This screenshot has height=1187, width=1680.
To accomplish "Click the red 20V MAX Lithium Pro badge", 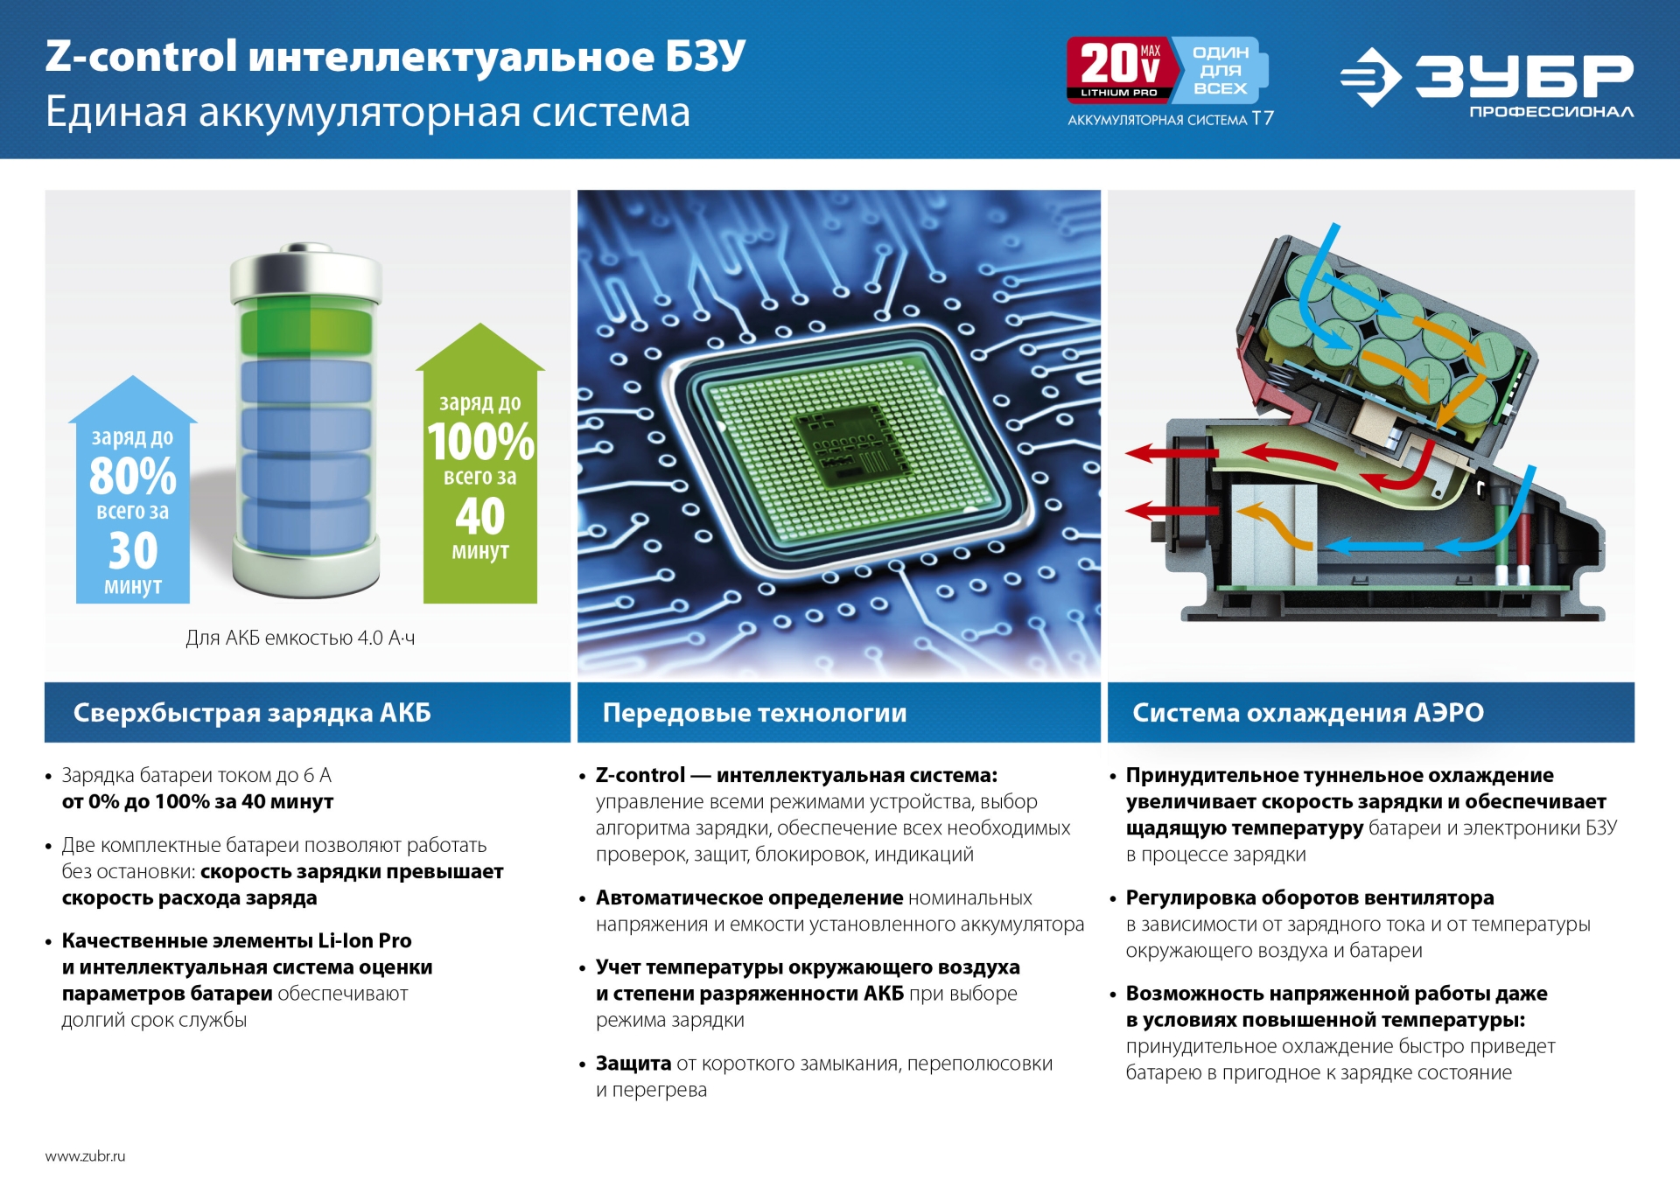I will (x=1118, y=69).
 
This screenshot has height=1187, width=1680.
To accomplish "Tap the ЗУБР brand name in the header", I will (x=1523, y=76).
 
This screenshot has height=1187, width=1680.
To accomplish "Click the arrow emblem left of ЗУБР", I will (x=1370, y=78).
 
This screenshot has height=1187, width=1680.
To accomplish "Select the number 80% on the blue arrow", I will (x=133, y=477).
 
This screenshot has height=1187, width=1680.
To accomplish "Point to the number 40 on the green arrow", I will (x=479, y=516).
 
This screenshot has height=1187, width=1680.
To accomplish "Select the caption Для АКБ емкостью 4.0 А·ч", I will (x=300, y=639).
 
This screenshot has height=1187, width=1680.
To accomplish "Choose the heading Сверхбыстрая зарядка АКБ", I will (x=252, y=713).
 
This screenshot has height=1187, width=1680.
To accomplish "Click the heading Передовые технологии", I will (x=754, y=713).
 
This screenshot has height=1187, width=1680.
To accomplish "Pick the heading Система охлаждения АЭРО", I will (x=1307, y=713).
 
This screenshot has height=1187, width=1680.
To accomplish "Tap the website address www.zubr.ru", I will (x=85, y=1156).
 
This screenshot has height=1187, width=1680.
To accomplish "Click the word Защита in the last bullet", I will (x=633, y=1064).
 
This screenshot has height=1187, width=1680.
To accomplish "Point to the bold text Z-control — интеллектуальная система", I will (x=796, y=775).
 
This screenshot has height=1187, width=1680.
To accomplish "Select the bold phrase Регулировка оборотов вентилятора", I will (x=1309, y=897).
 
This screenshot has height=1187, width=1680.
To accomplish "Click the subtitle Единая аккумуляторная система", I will (x=367, y=112).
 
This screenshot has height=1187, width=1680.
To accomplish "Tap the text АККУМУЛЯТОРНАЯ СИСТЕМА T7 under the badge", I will (x=1170, y=119).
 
